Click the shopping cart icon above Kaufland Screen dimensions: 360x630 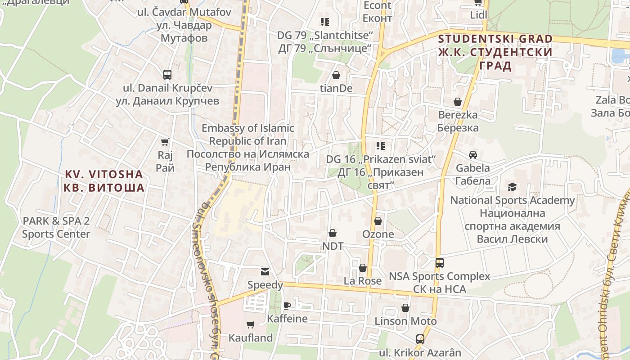coord(251,324)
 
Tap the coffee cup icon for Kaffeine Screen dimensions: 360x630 coord(287,306)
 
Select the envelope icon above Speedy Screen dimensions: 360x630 coord(265,272)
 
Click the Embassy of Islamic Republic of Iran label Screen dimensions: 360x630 coord(248,147)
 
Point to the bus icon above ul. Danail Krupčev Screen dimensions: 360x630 coord(167,75)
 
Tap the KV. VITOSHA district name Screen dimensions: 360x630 coord(104,181)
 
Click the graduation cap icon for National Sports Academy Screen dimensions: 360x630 coord(512,187)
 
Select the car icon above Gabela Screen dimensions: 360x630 coord(472,155)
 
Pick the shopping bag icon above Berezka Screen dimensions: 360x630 coord(458,102)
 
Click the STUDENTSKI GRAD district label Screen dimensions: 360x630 coord(495,52)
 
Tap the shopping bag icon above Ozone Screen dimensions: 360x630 coord(378,221)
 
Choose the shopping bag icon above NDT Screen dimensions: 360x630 coord(333,233)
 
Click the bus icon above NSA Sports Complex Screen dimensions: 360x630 coord(439,263)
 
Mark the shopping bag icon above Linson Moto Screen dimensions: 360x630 coord(405,308)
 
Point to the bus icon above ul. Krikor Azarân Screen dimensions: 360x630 coord(420,339)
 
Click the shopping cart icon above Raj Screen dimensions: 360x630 coord(165,142)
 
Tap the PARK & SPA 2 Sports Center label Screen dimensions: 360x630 coord(56,227)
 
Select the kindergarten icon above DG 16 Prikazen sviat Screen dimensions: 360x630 coord(381,146)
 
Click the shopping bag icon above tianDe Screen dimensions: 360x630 coord(336,75)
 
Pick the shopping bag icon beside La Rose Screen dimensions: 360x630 coord(363,268)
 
